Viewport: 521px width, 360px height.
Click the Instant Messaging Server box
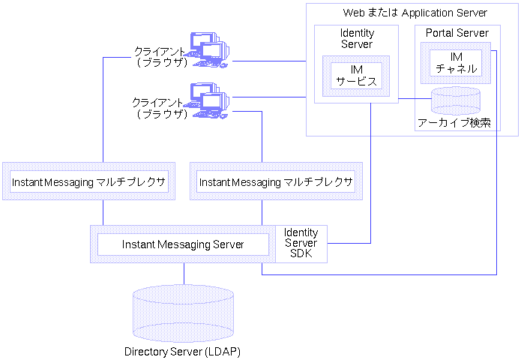[183, 244]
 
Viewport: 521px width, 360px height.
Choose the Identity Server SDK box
[301, 244]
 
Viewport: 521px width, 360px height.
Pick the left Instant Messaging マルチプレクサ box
[88, 182]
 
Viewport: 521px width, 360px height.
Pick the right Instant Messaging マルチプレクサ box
[276, 182]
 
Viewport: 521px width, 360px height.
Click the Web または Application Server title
[415, 13]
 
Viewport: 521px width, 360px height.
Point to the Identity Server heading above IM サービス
[357, 39]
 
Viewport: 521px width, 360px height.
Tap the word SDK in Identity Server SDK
[301, 253]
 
